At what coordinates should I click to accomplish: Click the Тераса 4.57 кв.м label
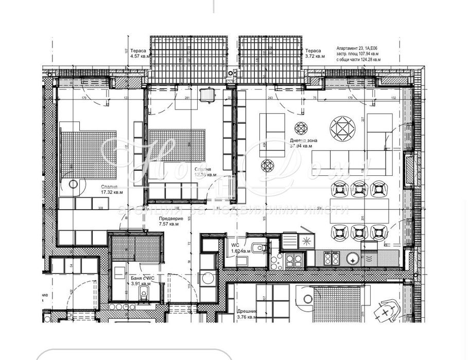point(139,53)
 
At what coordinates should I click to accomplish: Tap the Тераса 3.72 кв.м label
point(314,53)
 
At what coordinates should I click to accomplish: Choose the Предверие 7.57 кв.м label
point(169,221)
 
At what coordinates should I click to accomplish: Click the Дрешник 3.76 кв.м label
point(246,314)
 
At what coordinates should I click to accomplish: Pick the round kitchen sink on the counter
point(353,259)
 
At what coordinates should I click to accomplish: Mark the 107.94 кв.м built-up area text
point(356,53)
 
